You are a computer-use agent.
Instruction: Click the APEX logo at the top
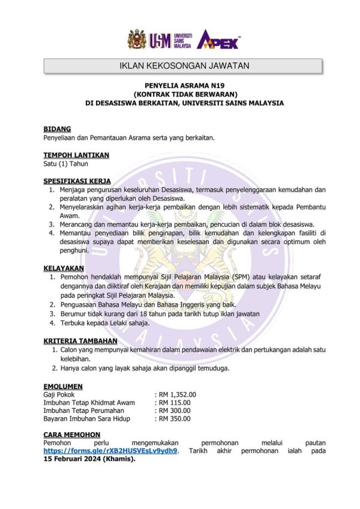(x=219, y=40)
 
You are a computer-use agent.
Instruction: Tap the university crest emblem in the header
(x=136, y=40)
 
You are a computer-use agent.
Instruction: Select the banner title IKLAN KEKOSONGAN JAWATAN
(x=184, y=65)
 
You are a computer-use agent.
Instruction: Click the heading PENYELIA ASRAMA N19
(x=185, y=86)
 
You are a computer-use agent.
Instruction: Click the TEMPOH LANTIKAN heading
(x=76, y=155)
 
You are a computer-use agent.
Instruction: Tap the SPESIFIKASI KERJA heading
(x=77, y=181)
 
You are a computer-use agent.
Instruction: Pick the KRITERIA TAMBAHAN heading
(x=80, y=340)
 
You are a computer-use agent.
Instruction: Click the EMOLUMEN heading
(x=63, y=386)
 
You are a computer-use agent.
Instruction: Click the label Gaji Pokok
(x=59, y=394)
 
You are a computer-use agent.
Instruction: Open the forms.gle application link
(x=110, y=451)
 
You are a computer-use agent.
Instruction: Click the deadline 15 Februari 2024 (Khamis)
(x=90, y=460)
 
